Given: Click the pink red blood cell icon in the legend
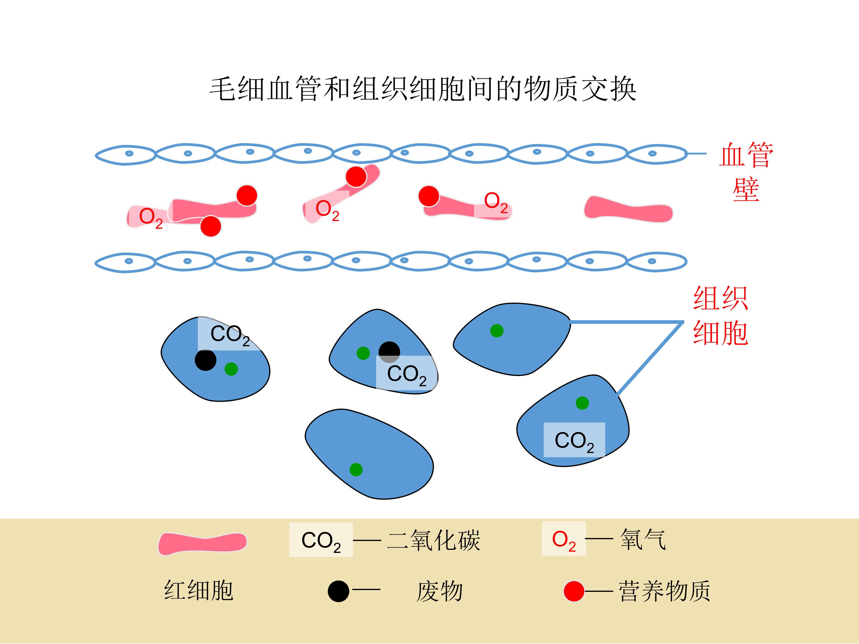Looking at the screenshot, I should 202,544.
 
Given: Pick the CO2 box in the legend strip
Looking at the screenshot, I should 321,540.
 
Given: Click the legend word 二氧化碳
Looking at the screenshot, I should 434,540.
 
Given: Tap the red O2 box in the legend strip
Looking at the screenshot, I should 563,539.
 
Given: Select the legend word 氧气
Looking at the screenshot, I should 643,540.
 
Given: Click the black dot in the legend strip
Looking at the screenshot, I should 338,591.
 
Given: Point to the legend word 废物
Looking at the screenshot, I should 439,592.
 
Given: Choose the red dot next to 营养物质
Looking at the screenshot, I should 574,591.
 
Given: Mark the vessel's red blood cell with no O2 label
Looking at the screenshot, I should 628,210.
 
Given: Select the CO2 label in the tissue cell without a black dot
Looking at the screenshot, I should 574,440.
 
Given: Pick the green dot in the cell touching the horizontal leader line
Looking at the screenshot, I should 497,331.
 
